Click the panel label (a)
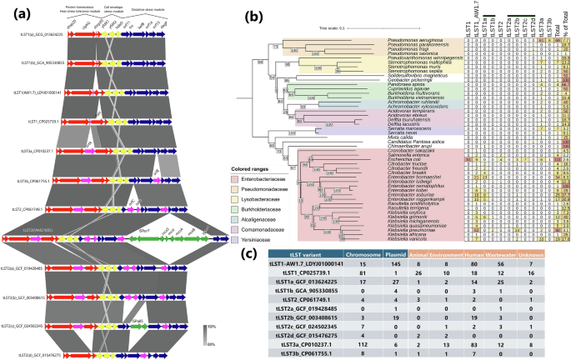(x=13, y=10)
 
